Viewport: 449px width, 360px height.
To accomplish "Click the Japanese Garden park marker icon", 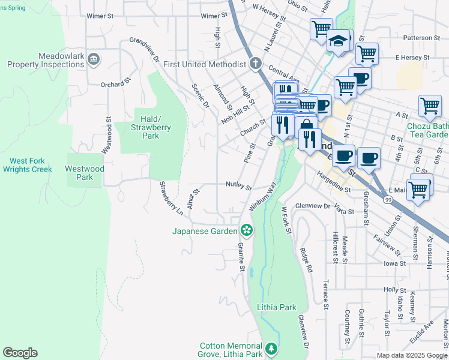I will (246, 230).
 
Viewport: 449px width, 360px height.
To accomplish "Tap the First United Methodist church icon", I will (255, 64).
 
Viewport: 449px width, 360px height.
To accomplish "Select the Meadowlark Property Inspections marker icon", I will (94, 59).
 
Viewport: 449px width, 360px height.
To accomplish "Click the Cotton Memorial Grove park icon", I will (271, 349).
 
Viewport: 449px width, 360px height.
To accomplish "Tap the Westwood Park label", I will (85, 173).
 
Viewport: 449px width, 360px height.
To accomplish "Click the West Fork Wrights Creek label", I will (31, 165).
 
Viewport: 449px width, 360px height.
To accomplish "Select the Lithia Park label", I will (276, 307).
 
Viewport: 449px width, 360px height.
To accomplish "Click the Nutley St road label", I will (238, 186).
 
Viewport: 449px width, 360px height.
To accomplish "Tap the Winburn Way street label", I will (262, 195).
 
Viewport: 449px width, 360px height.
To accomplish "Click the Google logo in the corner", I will (20, 353).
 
